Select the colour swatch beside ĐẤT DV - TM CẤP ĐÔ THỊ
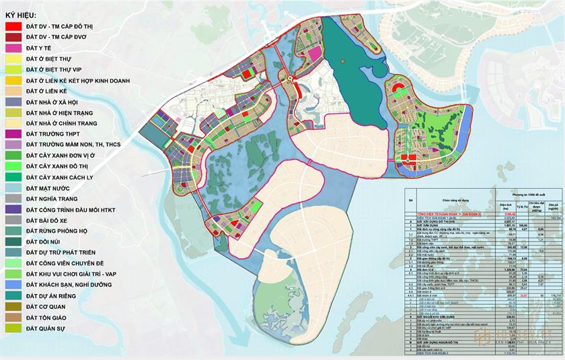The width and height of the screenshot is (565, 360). coord(12,26)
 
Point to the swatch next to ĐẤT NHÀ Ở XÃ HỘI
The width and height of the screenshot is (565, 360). coord(12,102)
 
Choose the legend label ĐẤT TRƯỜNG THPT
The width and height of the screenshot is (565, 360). coord(58,135)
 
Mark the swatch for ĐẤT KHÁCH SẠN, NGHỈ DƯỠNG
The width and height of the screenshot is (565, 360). coord(12,286)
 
